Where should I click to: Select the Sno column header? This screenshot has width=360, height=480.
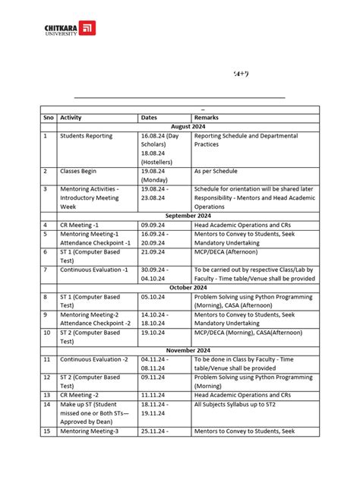pos(48,118)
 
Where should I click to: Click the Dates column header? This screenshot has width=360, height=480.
pos(150,118)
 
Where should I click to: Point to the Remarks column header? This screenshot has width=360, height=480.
pos(207,118)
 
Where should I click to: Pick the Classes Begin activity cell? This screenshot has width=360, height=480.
pos(81,172)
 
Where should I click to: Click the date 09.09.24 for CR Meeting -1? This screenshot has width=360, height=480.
pos(155,225)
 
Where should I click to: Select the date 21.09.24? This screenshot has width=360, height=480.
pos(155,251)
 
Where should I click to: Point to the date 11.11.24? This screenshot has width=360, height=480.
pos(155,395)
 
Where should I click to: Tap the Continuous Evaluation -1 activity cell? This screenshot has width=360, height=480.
pos(94,270)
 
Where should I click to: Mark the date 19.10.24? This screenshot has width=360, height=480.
pos(155,332)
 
